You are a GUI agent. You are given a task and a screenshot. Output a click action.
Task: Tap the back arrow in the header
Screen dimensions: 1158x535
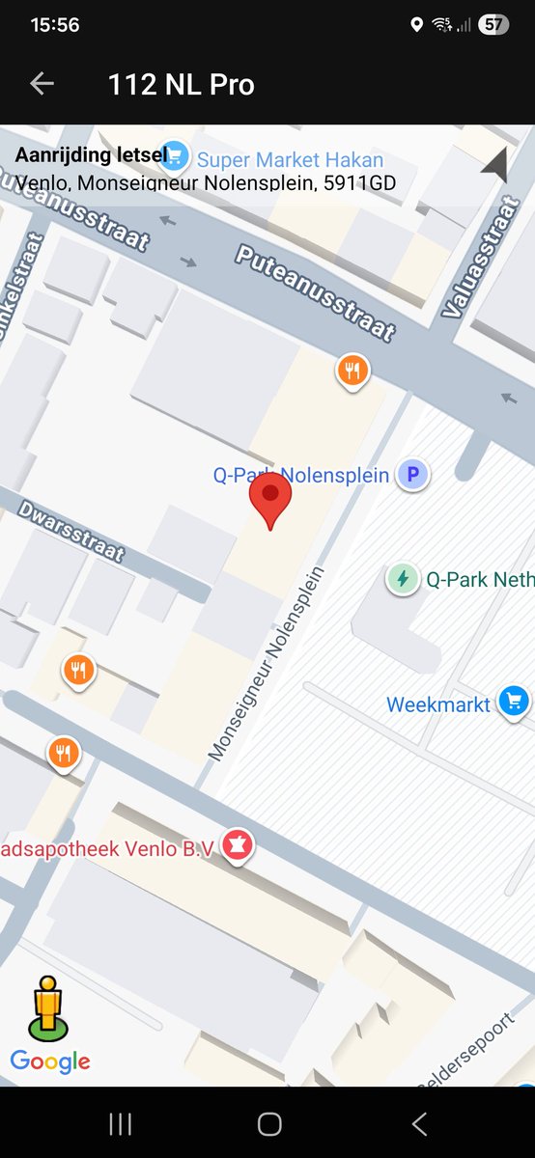click(42, 84)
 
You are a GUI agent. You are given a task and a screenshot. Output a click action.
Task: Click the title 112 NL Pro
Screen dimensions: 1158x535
click(182, 85)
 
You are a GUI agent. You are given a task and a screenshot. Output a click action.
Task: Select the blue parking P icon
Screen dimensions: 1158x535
click(414, 475)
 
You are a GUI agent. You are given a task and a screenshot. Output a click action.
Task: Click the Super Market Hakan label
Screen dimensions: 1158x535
click(290, 160)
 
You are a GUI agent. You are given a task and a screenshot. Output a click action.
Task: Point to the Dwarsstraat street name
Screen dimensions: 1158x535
click(70, 530)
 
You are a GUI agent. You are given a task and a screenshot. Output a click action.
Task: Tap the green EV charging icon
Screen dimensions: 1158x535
click(402, 579)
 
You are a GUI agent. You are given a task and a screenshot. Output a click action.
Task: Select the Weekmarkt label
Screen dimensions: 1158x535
click(438, 704)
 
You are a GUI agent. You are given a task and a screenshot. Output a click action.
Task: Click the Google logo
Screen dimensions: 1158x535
click(50, 1061)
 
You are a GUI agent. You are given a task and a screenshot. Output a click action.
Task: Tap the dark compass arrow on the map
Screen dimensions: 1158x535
click(495, 166)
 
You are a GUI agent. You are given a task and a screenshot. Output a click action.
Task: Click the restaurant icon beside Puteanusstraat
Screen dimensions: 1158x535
click(352, 370)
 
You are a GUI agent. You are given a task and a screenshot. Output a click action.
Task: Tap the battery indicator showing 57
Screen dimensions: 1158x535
click(494, 25)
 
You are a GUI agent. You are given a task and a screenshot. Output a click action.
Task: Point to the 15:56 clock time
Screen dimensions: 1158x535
click(55, 25)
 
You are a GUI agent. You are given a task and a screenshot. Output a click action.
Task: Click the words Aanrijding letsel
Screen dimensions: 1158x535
click(89, 155)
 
